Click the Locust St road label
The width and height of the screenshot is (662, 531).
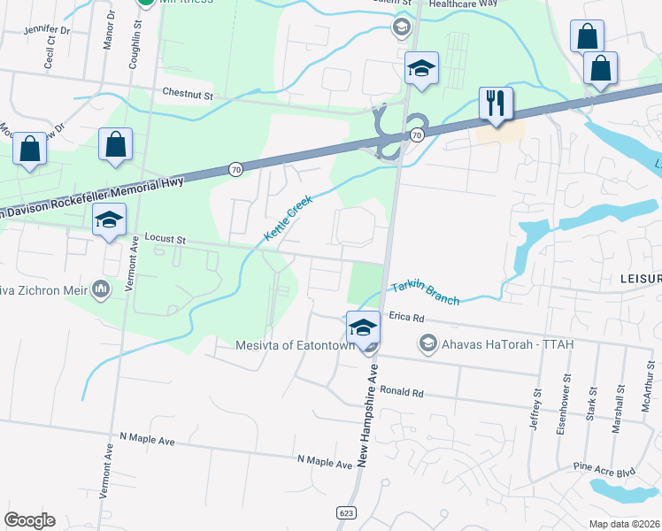pyautogui.click(x=165, y=239)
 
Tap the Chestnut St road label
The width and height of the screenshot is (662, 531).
pyautogui.click(x=188, y=93)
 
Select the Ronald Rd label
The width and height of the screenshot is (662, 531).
pyautogui.click(x=402, y=391)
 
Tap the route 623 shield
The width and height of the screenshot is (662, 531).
pyautogui.click(x=346, y=512)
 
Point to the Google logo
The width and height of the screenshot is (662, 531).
pyautogui.click(x=29, y=520)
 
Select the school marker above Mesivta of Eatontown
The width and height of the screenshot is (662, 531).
pyautogui.click(x=363, y=326)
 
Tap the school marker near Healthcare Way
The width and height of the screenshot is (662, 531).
pyautogui.click(x=422, y=68)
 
